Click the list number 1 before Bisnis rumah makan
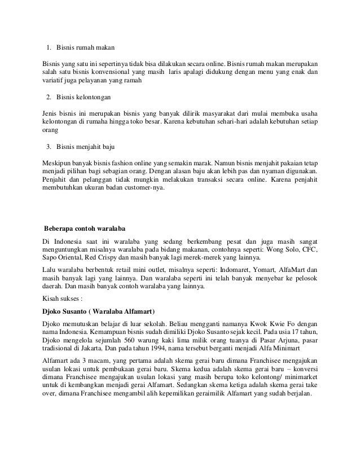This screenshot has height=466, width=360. (x=48, y=46)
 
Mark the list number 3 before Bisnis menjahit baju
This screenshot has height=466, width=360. (x=49, y=148)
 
